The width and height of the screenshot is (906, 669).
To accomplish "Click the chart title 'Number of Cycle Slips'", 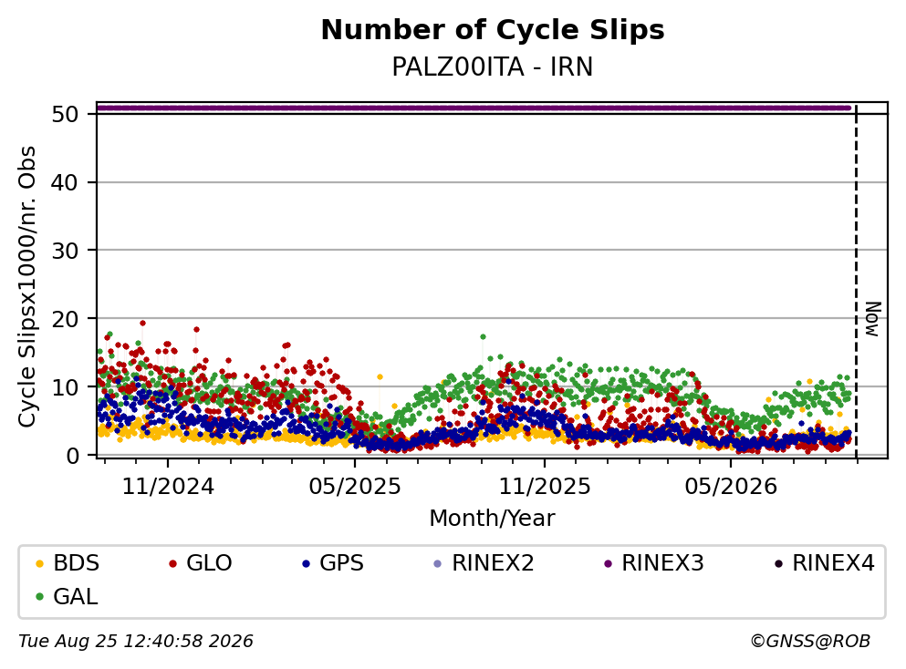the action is click(493, 30).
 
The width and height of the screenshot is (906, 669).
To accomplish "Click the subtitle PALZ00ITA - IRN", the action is click(493, 67).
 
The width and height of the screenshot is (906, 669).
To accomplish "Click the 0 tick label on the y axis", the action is click(72, 456).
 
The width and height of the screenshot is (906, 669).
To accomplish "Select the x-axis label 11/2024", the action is click(168, 487).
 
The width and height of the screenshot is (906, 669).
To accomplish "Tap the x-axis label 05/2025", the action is click(355, 487).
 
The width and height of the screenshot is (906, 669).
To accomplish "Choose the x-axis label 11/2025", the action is click(545, 487).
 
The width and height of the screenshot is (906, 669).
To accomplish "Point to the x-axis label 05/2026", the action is click(731, 487).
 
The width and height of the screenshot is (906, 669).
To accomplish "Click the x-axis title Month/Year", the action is click(493, 518).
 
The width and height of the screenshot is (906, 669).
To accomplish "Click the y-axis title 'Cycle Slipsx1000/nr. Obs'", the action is click(26, 286).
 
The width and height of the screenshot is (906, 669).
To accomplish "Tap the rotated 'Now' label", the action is click(873, 319).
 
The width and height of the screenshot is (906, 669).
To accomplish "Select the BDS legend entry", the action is click(68, 562).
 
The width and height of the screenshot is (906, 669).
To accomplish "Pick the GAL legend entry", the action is click(67, 596).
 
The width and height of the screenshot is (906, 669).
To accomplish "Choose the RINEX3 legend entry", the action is click(654, 562).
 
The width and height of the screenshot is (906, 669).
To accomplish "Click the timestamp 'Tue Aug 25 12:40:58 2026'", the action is click(136, 642).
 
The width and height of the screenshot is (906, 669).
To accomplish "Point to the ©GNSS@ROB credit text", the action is click(810, 642).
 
